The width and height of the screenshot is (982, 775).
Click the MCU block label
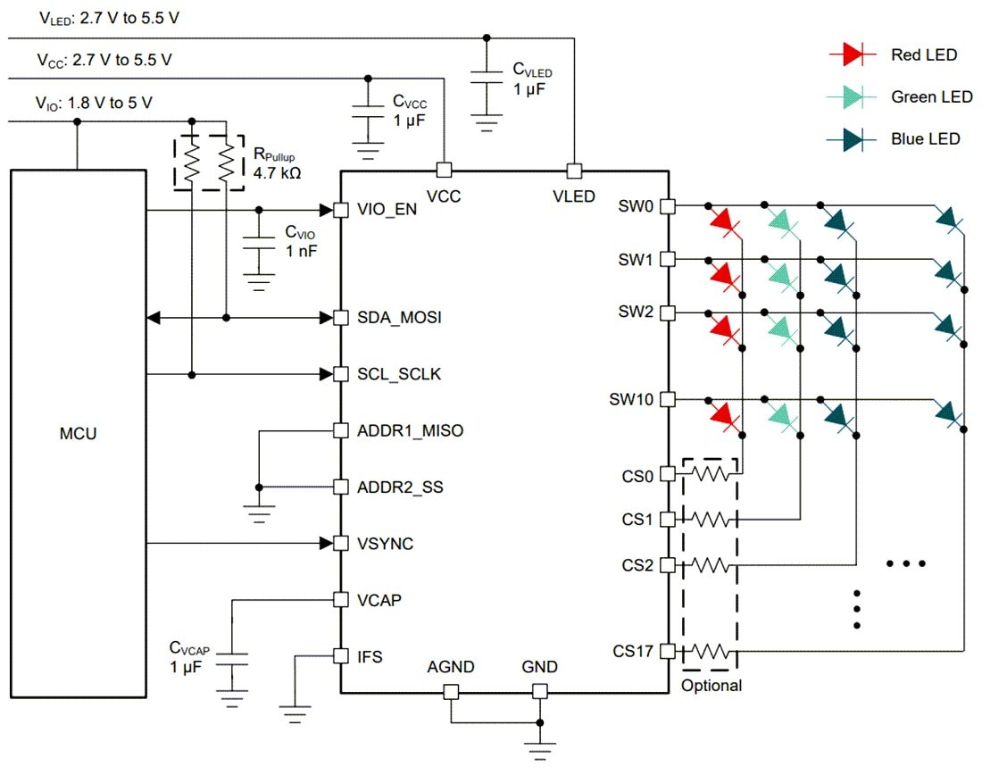click(79, 435)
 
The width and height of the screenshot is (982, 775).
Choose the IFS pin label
click(370, 656)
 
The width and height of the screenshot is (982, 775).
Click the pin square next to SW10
click(667, 399)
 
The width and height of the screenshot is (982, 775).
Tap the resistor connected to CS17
click(711, 652)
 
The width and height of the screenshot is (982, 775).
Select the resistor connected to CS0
click(711, 475)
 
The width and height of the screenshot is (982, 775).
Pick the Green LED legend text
click(931, 96)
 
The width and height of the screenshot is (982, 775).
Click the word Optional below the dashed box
click(711, 686)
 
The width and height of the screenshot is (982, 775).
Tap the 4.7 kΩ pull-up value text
click(277, 171)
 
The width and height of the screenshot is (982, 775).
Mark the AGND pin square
click(451, 692)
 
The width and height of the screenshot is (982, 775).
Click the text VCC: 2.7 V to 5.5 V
click(104, 60)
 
